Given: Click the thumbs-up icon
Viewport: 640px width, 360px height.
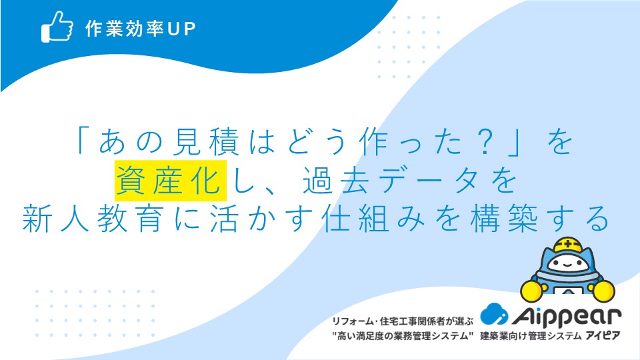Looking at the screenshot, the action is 57,27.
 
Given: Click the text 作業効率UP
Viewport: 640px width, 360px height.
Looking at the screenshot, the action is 141,29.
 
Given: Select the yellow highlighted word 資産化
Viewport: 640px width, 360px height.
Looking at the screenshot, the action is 171,181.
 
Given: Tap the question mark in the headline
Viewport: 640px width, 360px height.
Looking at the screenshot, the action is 485,142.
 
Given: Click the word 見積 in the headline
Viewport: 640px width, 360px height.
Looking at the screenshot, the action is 206,142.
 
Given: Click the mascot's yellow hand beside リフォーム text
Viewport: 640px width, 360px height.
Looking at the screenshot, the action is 532,291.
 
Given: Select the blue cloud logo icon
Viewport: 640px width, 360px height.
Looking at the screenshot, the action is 494,314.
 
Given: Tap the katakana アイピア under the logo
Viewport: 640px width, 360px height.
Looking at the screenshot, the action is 603,336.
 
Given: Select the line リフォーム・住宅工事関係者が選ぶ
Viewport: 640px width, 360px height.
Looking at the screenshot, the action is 403,321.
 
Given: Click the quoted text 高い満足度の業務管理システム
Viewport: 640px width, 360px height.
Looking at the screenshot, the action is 403,336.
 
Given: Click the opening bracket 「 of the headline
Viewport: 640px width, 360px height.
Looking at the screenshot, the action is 82,141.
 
